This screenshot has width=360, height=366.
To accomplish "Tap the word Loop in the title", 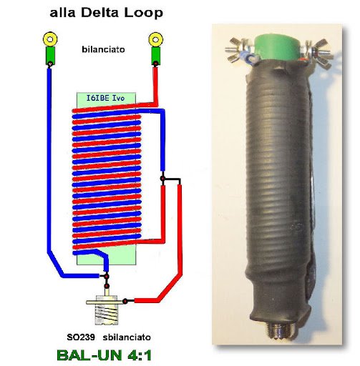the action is pos(143,14).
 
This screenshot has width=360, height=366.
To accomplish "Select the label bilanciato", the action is pos(103,49).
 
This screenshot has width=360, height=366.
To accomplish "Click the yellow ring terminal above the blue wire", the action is pos(50,39).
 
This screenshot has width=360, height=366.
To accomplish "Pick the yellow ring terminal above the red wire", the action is pos(155,39).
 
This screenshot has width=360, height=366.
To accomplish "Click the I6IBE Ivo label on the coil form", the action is pos(105,98).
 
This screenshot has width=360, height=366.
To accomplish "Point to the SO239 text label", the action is pos(81,337).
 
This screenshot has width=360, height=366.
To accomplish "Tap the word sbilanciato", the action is pos(127,337).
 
